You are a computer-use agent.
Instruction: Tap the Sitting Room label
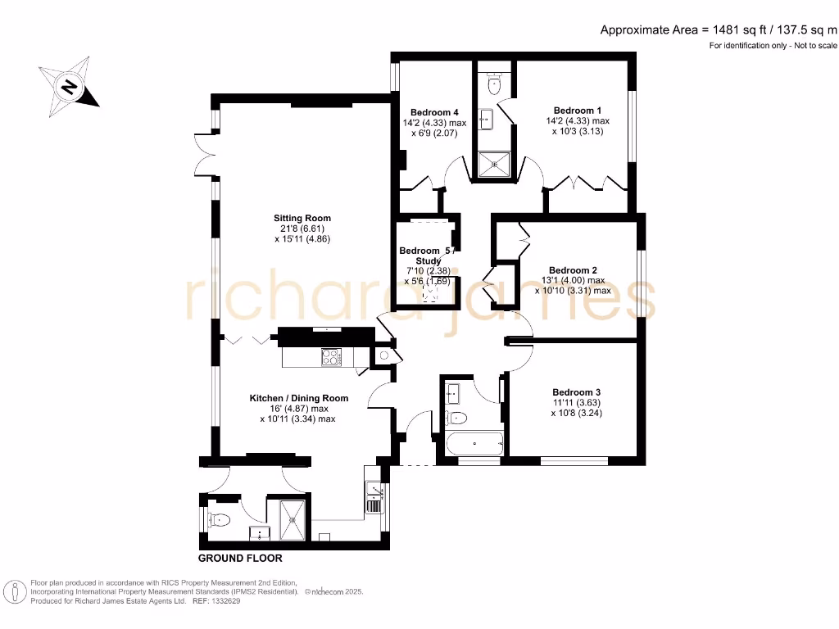click(x=302, y=218)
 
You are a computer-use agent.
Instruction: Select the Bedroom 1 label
click(x=578, y=111)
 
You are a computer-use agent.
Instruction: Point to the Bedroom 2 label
click(x=573, y=270)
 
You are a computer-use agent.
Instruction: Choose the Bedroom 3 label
click(x=576, y=391)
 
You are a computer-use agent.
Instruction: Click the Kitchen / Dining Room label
click(x=299, y=398)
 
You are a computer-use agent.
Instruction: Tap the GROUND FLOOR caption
click(x=240, y=559)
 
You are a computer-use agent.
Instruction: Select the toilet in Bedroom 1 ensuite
click(x=493, y=84)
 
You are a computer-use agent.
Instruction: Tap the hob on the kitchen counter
click(x=332, y=357)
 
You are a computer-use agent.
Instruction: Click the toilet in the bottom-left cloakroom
click(x=220, y=519)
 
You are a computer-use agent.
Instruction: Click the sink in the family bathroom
click(x=453, y=395)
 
